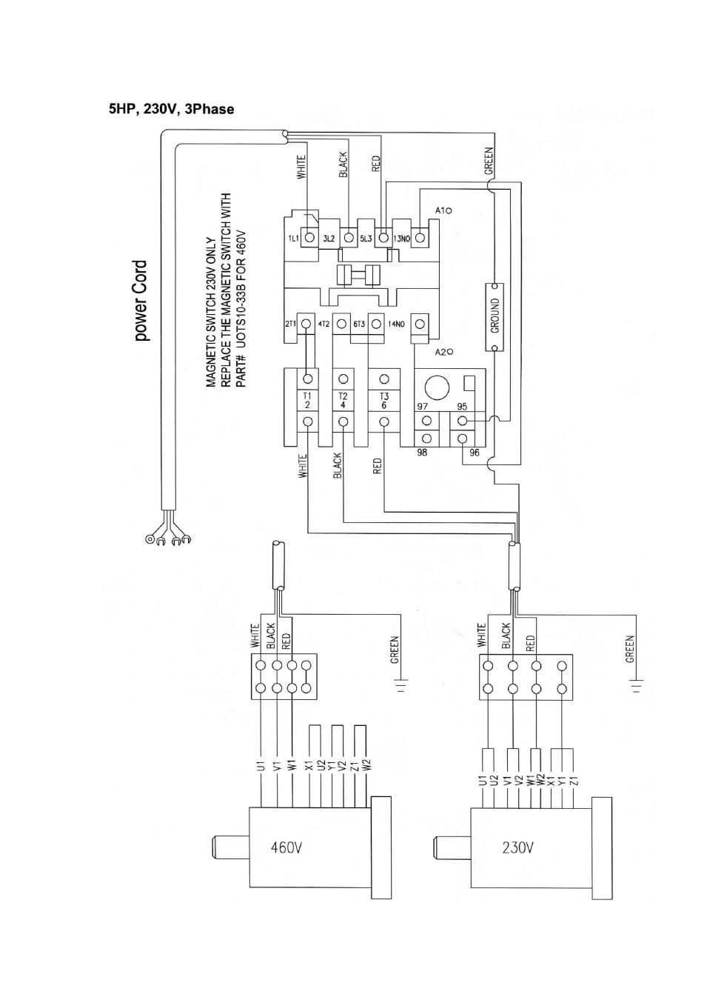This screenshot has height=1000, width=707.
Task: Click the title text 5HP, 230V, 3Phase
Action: (x=171, y=109)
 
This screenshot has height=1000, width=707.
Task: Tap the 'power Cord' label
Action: (x=140, y=301)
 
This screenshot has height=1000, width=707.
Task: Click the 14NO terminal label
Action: (x=396, y=324)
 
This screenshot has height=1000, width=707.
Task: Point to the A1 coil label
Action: (x=443, y=210)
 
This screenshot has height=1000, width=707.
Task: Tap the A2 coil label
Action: (x=444, y=353)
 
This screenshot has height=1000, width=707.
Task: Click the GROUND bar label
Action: (x=495, y=316)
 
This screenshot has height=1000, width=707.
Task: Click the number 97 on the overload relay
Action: (x=422, y=407)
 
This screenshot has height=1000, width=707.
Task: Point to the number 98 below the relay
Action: (x=422, y=453)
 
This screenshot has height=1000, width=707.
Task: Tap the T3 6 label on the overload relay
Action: (x=384, y=401)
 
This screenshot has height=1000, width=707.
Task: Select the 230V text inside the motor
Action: (x=517, y=847)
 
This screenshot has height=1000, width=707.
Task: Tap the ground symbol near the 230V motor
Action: (x=637, y=685)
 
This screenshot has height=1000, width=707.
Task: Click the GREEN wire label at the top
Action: (x=489, y=161)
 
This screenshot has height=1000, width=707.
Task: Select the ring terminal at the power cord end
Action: (x=150, y=541)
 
